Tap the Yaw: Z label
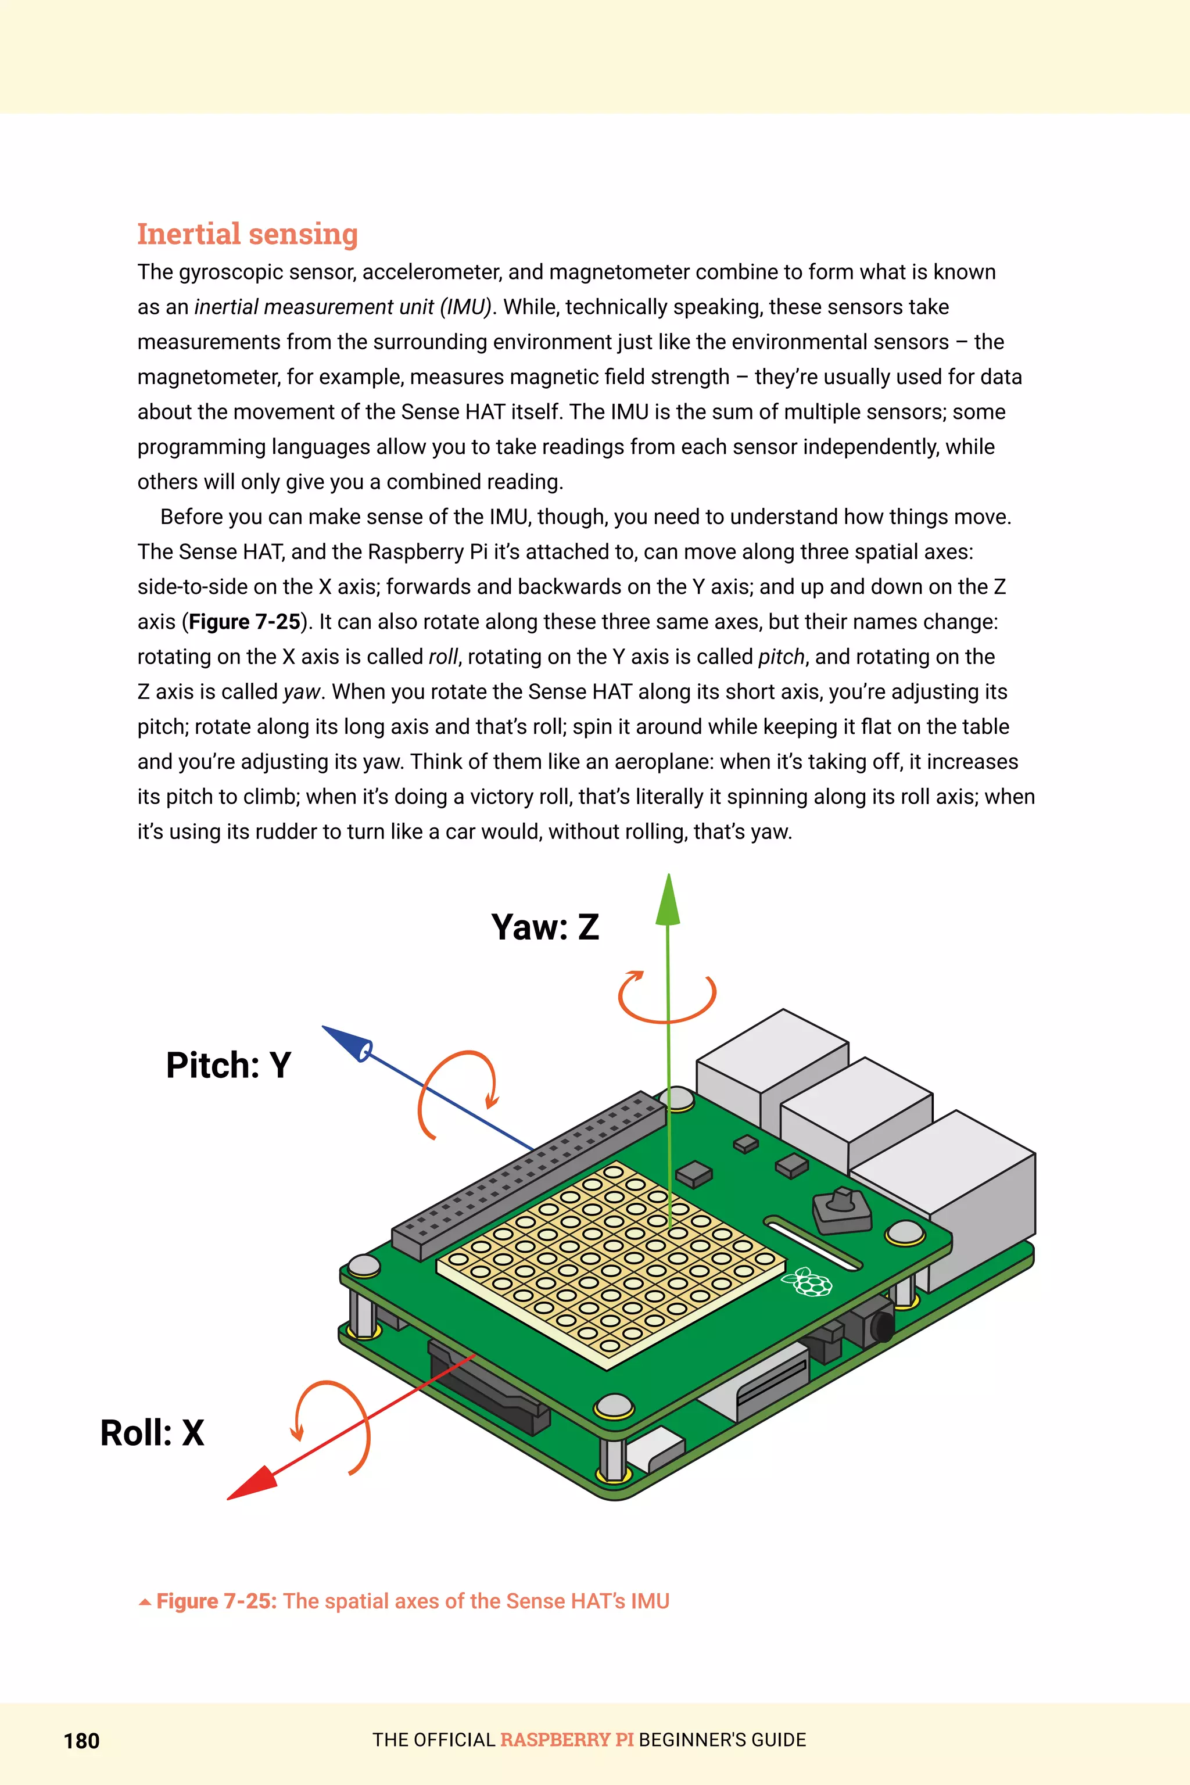[x=545, y=927]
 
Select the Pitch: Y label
[x=228, y=1064]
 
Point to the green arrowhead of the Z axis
[x=668, y=902]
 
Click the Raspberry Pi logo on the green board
[x=811, y=1282]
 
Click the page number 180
[x=81, y=1741]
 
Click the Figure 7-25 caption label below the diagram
[x=216, y=1601]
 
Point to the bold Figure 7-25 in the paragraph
[x=245, y=622]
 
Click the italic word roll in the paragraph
[x=443, y=657]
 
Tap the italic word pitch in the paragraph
[x=781, y=657]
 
